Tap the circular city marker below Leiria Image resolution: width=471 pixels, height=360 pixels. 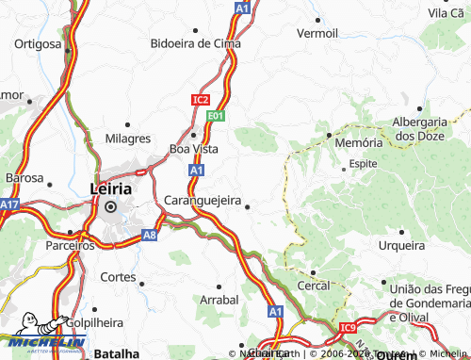[110, 206]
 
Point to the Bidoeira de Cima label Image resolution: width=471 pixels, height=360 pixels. [196, 43]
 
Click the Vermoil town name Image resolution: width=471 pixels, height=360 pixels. [317, 32]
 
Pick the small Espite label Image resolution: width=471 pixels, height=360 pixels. [363, 163]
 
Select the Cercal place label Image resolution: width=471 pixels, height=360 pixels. [314, 285]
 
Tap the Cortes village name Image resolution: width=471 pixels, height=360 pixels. [117, 278]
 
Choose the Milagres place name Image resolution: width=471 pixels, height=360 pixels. [128, 138]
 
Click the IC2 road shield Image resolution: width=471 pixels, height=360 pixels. [200, 98]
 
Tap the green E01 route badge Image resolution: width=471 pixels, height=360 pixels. [216, 115]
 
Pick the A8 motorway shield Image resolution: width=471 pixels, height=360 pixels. [149, 237]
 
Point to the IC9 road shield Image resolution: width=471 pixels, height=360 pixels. [349, 326]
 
